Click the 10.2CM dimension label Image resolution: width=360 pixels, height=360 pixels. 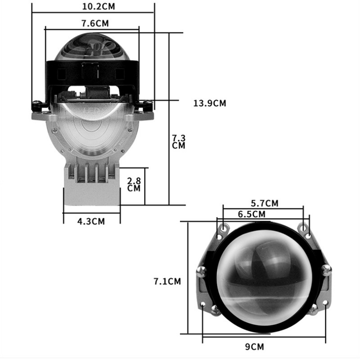(x=93, y=7)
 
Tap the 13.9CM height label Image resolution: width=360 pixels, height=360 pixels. (x=210, y=103)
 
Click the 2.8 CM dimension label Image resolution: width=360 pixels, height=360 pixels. (x=134, y=184)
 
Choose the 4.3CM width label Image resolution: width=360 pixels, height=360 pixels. (x=91, y=221)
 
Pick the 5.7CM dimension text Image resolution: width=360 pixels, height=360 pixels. (x=264, y=203)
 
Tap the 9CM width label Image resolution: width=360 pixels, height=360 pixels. (x=264, y=346)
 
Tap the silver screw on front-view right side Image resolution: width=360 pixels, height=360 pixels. (x=326, y=270)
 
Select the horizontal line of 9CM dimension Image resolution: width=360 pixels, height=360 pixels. (x=264, y=336)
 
